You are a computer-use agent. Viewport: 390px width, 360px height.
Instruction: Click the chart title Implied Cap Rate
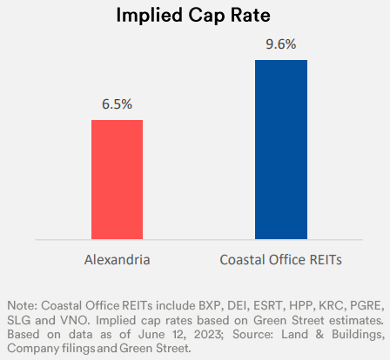pos(194,17)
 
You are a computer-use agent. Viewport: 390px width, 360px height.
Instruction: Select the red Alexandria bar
pos(117,178)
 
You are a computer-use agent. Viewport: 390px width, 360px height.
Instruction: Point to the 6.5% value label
pos(117,104)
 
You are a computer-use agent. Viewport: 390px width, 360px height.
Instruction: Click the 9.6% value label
pos(280,44)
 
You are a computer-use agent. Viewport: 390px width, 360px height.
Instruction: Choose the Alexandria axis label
pos(117,259)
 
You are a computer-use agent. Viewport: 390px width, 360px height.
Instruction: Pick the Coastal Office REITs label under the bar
pos(280,259)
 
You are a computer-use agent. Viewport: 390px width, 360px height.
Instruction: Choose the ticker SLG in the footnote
pos(19,319)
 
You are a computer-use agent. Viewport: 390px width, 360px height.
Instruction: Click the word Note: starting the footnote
pos(22,305)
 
